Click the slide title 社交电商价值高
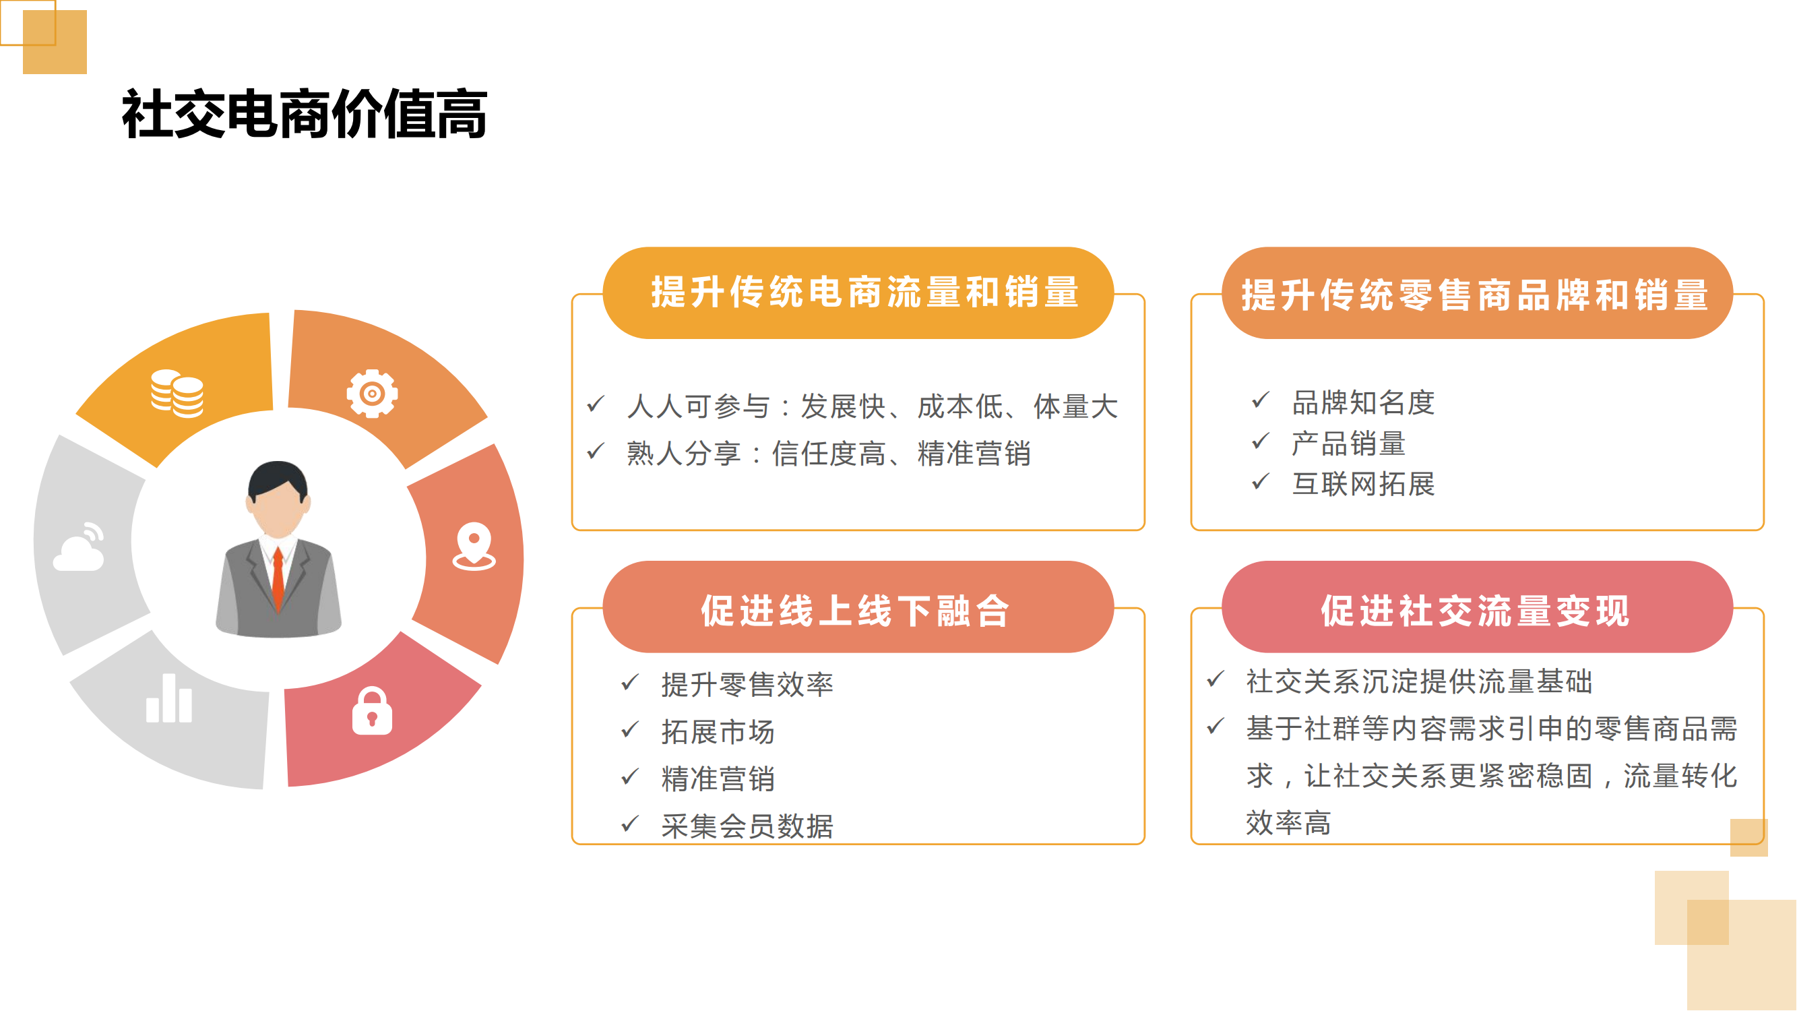pyautogui.click(x=304, y=114)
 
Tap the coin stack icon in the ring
pyautogui.click(x=177, y=394)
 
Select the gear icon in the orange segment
pyautogui.click(x=373, y=394)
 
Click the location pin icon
pyautogui.click(x=474, y=547)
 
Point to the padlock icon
pyautogui.click(x=372, y=711)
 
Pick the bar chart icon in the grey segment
pyautogui.click(x=169, y=698)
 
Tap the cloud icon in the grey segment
pyautogui.click(x=80, y=547)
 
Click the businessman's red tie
pyautogui.click(x=278, y=579)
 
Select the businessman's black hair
pyautogui.click(x=278, y=481)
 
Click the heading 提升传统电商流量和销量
pyautogui.click(x=865, y=293)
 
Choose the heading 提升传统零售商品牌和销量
pyautogui.click(x=1475, y=295)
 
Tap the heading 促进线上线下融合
pyautogui.click(x=855, y=611)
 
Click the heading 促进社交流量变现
pyautogui.click(x=1475, y=611)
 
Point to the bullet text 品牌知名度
pyautogui.click(x=1363, y=402)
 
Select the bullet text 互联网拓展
pyautogui.click(x=1363, y=483)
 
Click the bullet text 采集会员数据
pyautogui.click(x=747, y=826)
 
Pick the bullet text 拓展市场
pyautogui.click(x=718, y=731)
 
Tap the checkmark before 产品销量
pyautogui.click(x=1261, y=440)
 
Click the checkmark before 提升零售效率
pyautogui.click(x=630, y=681)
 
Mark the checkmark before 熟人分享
pyautogui.click(x=596, y=451)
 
